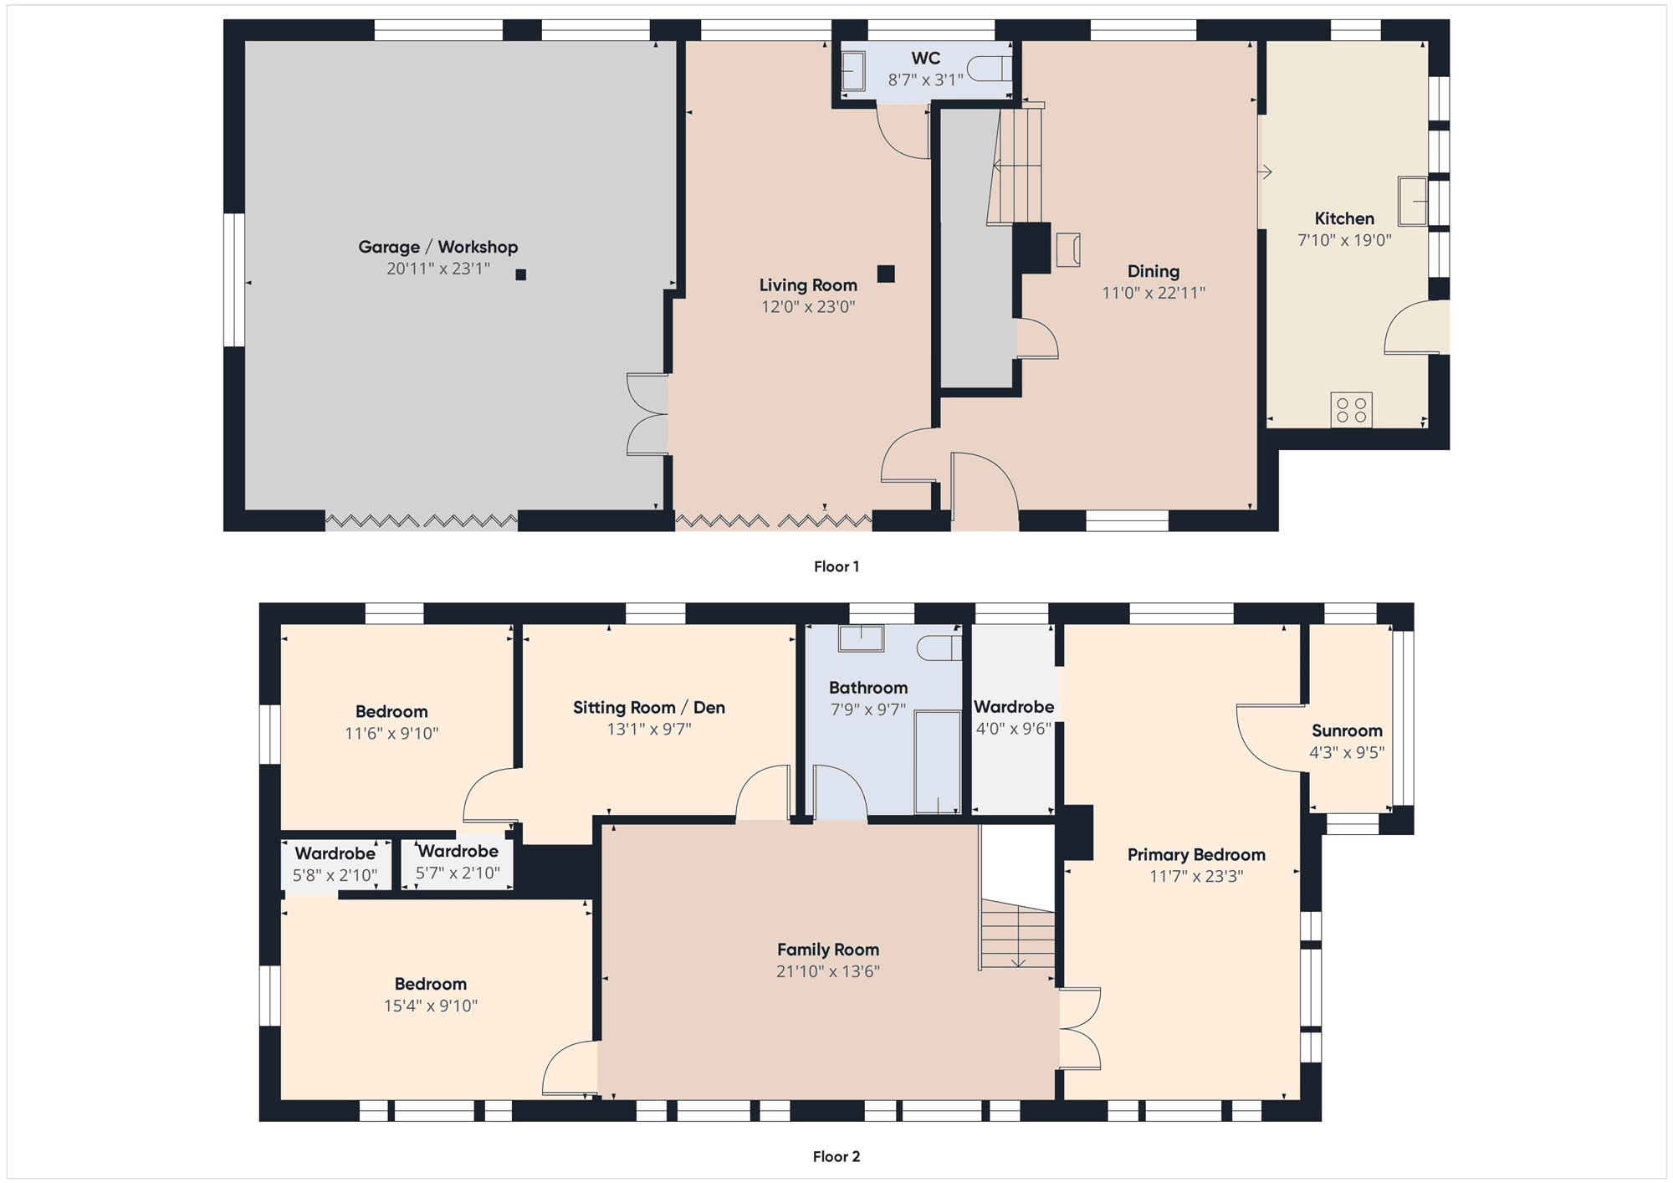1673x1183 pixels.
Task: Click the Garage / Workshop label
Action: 437,247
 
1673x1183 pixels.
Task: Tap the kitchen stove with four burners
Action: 1351,410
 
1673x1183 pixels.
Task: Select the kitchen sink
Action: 1413,201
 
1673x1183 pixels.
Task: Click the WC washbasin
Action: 852,71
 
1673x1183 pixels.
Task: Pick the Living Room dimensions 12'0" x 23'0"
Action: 808,307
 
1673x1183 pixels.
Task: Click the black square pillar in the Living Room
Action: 886,274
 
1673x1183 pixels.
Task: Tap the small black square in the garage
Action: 521,274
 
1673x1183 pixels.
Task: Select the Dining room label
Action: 1154,271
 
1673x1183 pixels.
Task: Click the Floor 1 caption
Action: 836,566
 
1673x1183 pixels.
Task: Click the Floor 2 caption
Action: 836,1156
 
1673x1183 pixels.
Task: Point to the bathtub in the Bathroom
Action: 938,761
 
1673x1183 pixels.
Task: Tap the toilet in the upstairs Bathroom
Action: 939,648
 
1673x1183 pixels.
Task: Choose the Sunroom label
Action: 1347,730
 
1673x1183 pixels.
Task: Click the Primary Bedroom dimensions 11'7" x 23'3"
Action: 1196,877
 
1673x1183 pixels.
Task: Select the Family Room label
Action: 828,950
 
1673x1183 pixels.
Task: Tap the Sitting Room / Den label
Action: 649,708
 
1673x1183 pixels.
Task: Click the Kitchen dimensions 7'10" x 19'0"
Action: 1344,240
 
